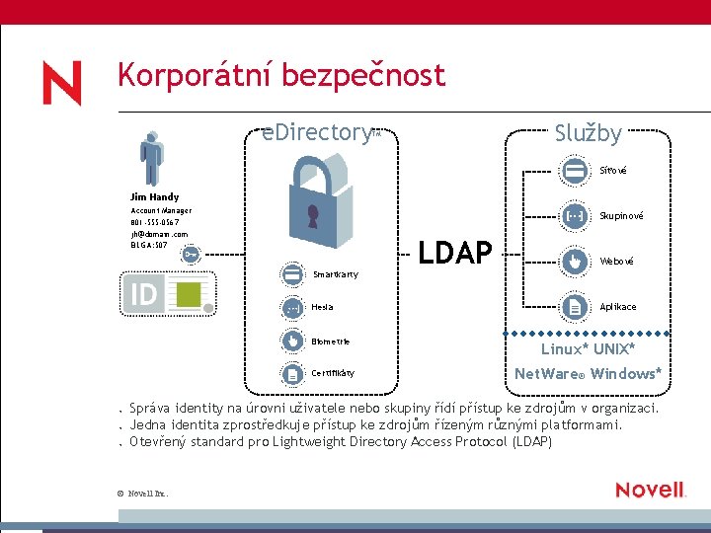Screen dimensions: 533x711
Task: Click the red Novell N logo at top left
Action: pos(61,83)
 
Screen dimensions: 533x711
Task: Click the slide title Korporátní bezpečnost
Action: pos(280,75)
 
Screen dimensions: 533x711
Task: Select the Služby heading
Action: pos(588,133)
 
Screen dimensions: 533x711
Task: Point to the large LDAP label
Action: pos(455,254)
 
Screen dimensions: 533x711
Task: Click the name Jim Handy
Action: pos(155,197)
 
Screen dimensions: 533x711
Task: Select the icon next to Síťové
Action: pos(574,170)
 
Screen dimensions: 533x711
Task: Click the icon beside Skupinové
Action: pos(574,215)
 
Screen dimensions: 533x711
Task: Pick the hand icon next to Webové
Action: pos(574,261)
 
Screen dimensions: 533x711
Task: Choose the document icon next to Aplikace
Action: pos(574,307)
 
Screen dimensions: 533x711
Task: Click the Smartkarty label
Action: pos(336,274)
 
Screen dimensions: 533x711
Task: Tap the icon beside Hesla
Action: pos(292,308)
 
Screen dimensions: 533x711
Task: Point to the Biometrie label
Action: pos(331,342)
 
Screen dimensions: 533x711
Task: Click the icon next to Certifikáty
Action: pos(292,374)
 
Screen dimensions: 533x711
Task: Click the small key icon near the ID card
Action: pos(190,255)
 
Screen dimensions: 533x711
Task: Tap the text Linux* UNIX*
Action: pos(588,349)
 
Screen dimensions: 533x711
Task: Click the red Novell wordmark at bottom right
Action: pos(650,490)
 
